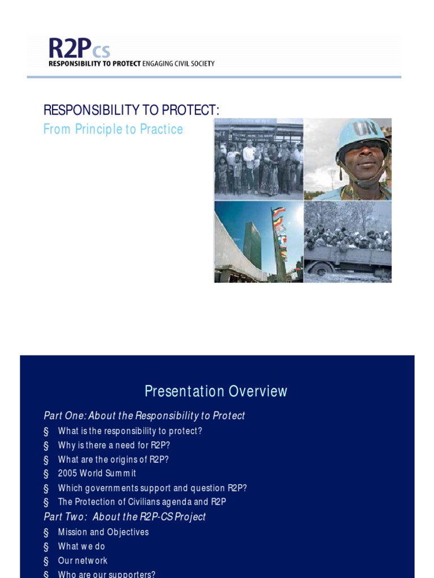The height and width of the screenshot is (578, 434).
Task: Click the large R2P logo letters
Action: click(x=70, y=48)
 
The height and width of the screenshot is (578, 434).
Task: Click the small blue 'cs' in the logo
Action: click(x=101, y=51)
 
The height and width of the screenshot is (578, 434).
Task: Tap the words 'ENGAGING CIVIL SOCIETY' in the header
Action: click(x=178, y=63)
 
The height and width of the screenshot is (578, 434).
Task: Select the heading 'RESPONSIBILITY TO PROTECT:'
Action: click(x=131, y=110)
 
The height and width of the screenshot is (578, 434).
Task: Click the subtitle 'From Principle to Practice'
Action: click(x=113, y=129)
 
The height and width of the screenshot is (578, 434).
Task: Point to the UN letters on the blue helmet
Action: click(x=365, y=129)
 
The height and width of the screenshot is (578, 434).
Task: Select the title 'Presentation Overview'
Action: click(x=216, y=391)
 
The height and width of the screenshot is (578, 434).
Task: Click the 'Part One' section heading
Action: click(x=144, y=415)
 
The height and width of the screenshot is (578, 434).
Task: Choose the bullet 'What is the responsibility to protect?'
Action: click(x=130, y=431)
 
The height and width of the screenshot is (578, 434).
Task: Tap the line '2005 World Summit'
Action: click(x=97, y=473)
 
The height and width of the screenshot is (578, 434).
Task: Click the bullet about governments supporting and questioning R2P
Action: click(x=152, y=488)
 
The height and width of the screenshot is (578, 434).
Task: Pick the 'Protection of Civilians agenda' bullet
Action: click(x=142, y=502)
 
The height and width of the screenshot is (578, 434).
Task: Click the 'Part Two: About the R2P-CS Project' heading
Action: click(x=124, y=516)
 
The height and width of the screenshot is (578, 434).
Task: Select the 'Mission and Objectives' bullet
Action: click(x=103, y=532)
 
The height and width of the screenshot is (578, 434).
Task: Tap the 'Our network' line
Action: click(x=83, y=561)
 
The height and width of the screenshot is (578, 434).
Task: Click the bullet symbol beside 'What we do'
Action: click(x=46, y=547)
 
